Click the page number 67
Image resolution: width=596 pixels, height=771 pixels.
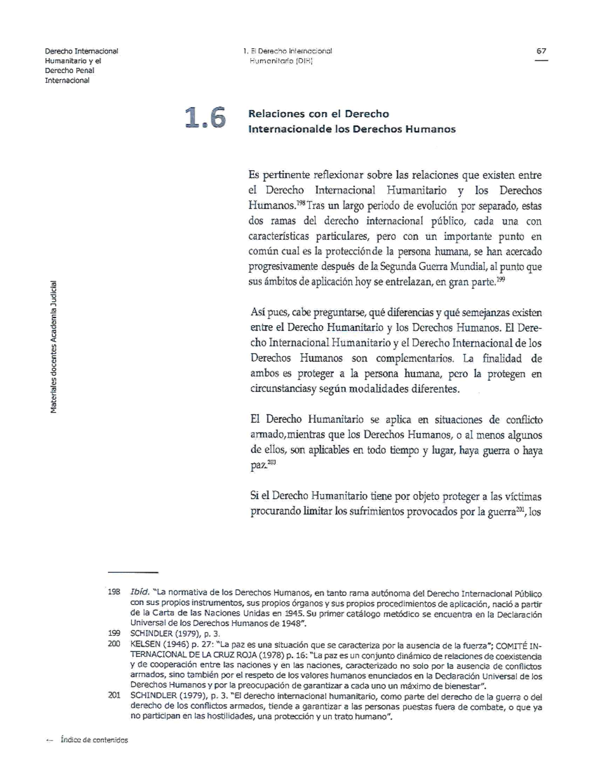[541, 51]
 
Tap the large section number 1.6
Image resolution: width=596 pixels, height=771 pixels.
[205, 119]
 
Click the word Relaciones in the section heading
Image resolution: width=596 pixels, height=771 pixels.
[270, 114]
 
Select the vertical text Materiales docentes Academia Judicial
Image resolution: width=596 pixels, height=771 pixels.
[54, 347]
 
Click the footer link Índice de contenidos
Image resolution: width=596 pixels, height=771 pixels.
[94, 740]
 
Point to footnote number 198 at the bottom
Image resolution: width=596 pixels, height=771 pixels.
[114, 593]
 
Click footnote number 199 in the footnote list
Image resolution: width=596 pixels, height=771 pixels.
[114, 634]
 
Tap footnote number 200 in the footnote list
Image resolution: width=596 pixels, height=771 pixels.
[114, 645]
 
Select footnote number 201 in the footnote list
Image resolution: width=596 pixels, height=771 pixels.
[114, 696]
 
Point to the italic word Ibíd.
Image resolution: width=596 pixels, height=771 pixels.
[140, 593]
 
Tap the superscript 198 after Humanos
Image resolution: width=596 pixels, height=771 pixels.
[300, 203]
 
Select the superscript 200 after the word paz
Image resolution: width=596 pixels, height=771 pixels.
[271, 463]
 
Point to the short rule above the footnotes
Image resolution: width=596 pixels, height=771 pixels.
[133, 572]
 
